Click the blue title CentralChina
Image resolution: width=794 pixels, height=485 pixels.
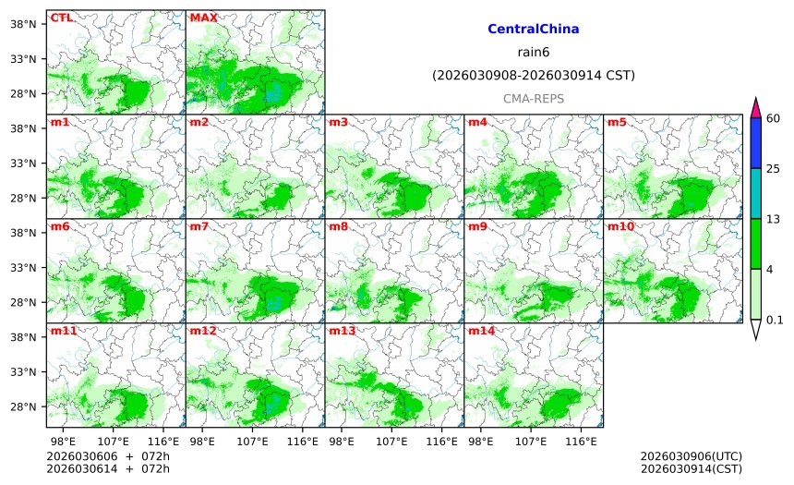pos(533,30)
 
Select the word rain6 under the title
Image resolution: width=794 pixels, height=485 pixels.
pos(533,53)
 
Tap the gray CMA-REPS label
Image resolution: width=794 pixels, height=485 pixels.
pos(533,98)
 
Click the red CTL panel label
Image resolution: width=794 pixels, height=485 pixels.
pos(61,18)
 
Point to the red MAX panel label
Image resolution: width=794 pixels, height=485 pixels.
pos(203,18)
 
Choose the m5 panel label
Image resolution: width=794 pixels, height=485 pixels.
pos(617,122)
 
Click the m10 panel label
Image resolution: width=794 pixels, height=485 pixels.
pos(620,226)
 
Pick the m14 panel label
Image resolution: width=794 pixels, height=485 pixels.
pos(481,331)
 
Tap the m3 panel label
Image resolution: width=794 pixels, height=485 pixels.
pos(338,122)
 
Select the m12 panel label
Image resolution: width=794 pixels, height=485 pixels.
pos(202,331)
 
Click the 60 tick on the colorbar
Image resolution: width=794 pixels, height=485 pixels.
pos(773,118)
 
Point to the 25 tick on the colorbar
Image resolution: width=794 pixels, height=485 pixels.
pos(773,168)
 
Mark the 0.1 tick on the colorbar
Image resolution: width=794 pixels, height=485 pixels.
pos(775,320)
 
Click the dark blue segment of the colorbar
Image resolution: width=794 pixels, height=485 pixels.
pos(755,143)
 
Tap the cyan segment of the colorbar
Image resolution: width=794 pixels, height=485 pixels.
pos(755,193)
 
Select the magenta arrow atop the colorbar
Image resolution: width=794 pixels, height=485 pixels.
pos(755,108)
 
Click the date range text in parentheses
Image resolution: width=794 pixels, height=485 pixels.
pos(533,76)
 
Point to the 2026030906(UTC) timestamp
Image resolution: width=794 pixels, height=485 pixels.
pos(691,456)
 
